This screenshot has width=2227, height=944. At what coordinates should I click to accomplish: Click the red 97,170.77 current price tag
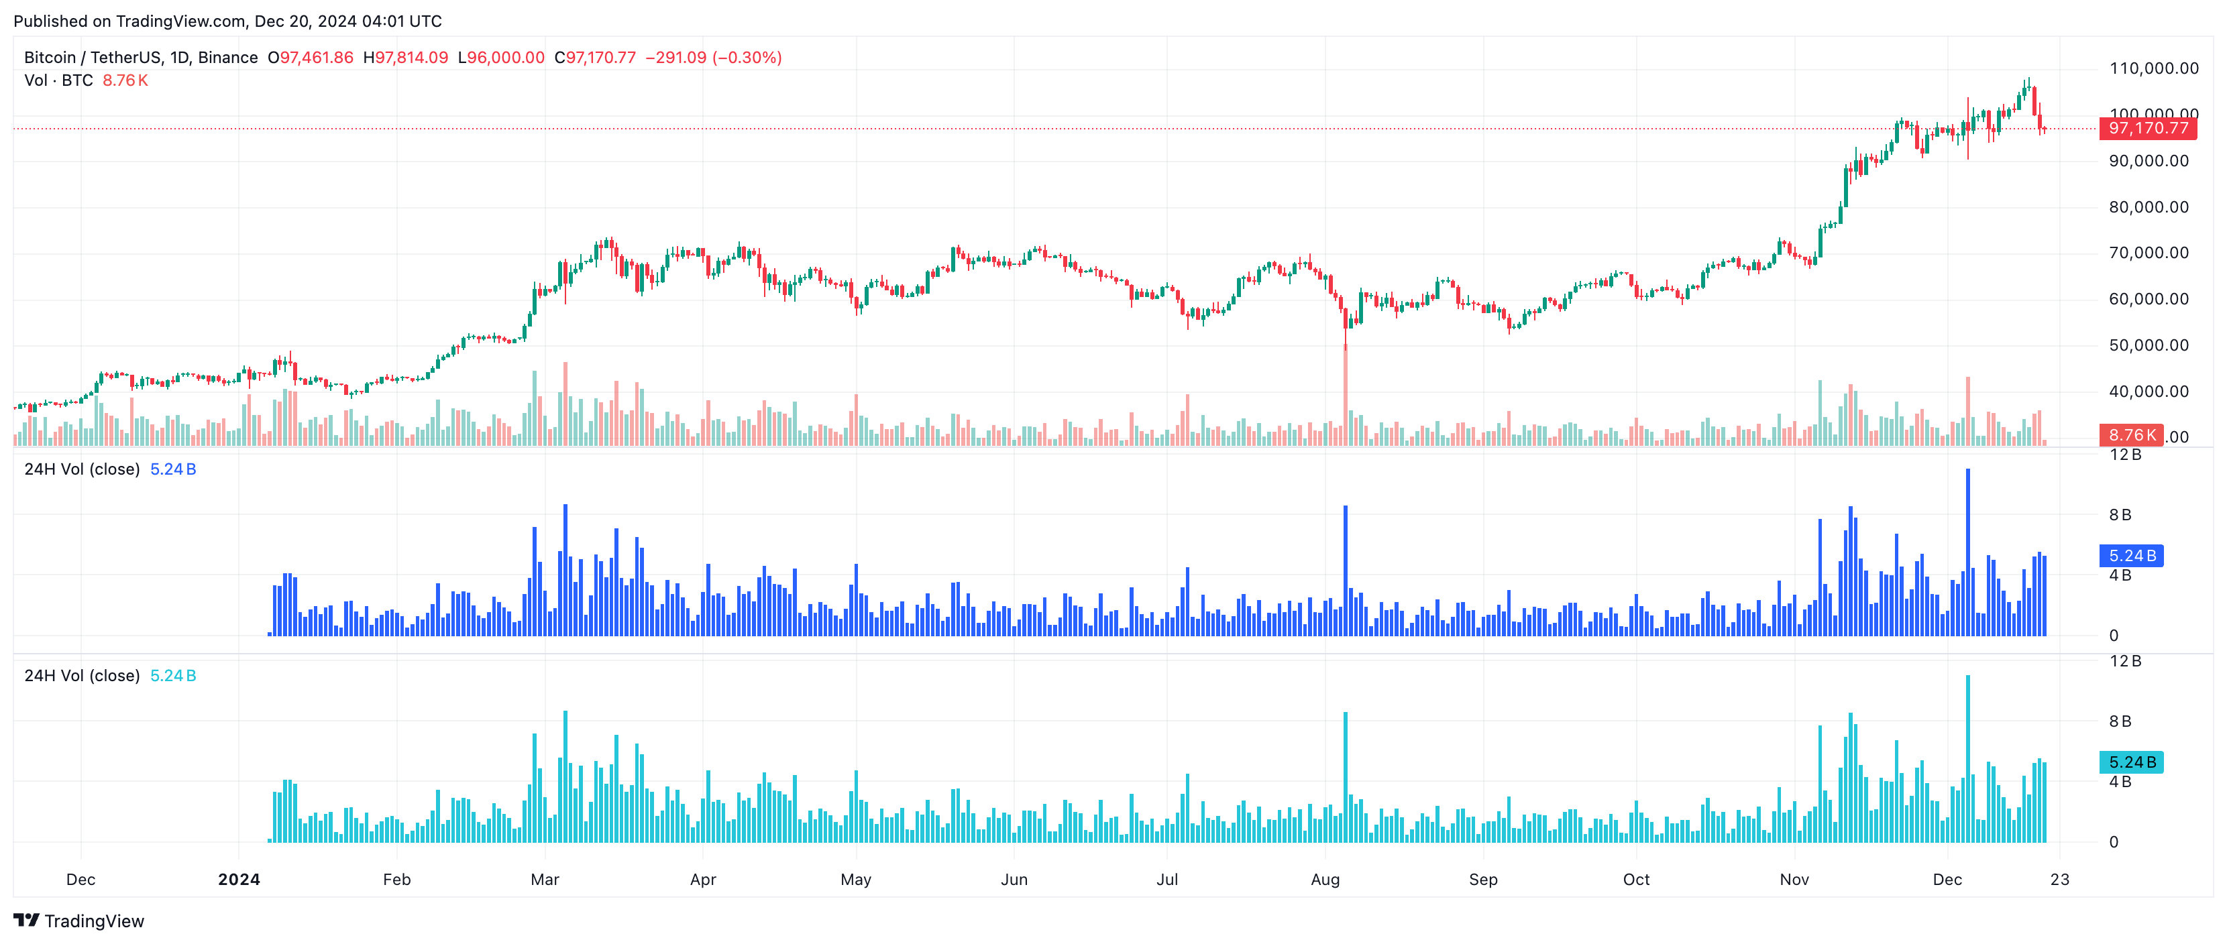click(x=2147, y=129)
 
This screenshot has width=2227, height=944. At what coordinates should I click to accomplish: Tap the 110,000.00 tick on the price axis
click(x=2153, y=68)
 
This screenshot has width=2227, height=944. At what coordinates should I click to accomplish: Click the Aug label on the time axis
click(x=1324, y=879)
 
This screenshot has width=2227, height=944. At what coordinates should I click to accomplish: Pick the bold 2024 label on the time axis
click(x=239, y=879)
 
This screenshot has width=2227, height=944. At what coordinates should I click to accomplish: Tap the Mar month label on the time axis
click(x=545, y=879)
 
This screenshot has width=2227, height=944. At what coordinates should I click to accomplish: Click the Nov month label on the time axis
click(x=1794, y=879)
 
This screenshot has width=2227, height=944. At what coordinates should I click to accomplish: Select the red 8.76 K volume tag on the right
click(x=2130, y=435)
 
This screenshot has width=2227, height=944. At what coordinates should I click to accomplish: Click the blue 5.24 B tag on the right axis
click(x=2131, y=556)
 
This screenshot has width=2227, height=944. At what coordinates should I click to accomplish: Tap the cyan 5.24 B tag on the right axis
click(x=2131, y=762)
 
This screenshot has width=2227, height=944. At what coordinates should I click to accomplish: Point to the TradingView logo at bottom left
click(x=78, y=921)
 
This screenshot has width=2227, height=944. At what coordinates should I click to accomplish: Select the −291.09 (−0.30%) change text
click(x=713, y=58)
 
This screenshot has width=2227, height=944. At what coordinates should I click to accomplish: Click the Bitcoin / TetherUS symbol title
click(x=95, y=58)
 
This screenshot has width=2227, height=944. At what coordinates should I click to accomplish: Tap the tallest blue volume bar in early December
click(x=1967, y=553)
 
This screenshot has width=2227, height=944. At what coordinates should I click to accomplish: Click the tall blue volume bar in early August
click(x=1345, y=571)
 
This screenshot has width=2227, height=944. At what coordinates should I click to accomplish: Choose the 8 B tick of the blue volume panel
click(x=2120, y=515)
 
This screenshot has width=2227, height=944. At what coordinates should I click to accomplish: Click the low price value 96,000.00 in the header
click(x=506, y=58)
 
